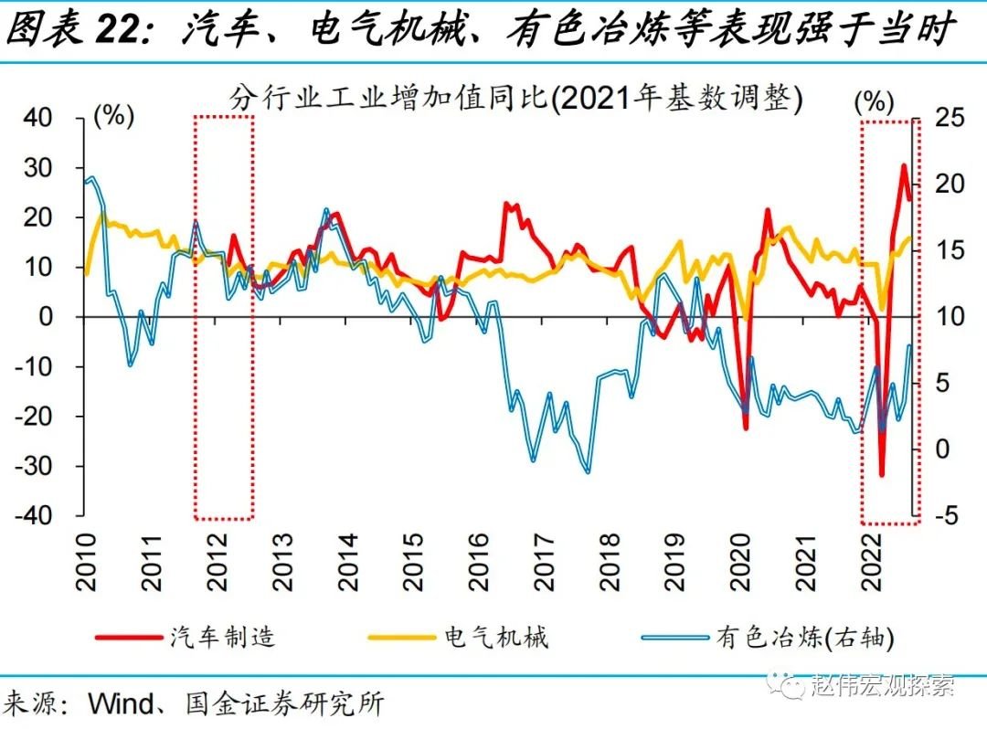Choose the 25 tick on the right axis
[949, 118]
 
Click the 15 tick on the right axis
[949, 250]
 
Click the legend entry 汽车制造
[222, 637]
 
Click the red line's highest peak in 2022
[904, 165]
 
